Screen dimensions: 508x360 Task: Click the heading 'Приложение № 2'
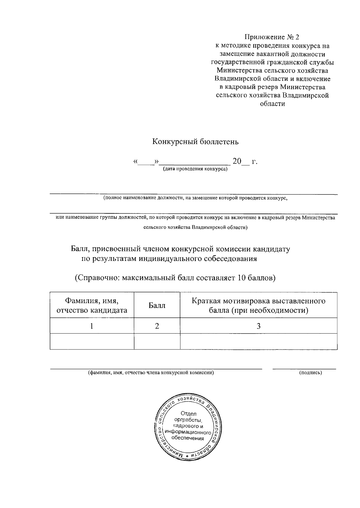tap(272, 37)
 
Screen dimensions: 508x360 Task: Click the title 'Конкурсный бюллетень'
tap(195, 142)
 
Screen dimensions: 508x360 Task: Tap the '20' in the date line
tap(237, 162)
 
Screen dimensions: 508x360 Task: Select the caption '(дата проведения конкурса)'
tap(195, 169)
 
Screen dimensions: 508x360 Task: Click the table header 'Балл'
tap(157, 305)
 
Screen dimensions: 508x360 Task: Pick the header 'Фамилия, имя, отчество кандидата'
tap(92, 305)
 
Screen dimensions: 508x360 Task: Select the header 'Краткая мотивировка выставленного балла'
tap(259, 305)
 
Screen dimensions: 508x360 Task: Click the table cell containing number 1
tap(92, 326)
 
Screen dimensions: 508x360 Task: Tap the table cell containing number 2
tap(157, 326)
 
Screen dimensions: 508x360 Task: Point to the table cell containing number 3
tap(259, 326)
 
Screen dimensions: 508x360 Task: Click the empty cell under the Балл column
tap(157, 341)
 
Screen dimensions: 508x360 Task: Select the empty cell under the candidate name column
tap(92, 341)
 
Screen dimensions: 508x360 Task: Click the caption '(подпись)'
tap(310, 373)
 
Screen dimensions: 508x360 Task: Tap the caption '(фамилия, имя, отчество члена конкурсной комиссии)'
tap(151, 373)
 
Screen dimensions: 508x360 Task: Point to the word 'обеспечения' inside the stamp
tap(187, 438)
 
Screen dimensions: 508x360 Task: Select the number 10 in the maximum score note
tap(241, 278)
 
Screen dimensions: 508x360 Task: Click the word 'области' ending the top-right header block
tap(272, 104)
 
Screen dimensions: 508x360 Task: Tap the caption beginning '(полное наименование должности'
tap(195, 198)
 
